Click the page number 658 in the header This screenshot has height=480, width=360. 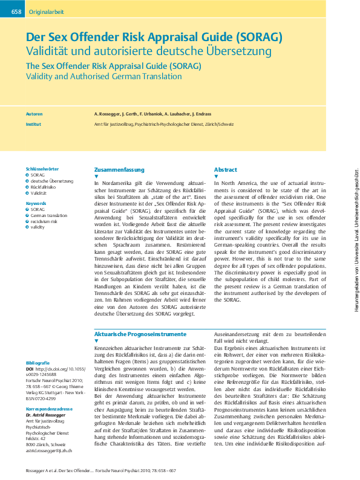(16, 12)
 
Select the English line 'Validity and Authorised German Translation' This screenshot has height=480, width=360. (103, 77)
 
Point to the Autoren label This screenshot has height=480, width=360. (34, 114)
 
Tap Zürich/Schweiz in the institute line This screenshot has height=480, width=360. (218, 123)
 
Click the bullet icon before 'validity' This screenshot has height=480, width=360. (27, 227)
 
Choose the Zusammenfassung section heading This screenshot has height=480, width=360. (120, 169)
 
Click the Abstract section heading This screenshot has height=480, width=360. (226, 169)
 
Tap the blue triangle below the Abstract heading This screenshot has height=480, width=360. (216, 177)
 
